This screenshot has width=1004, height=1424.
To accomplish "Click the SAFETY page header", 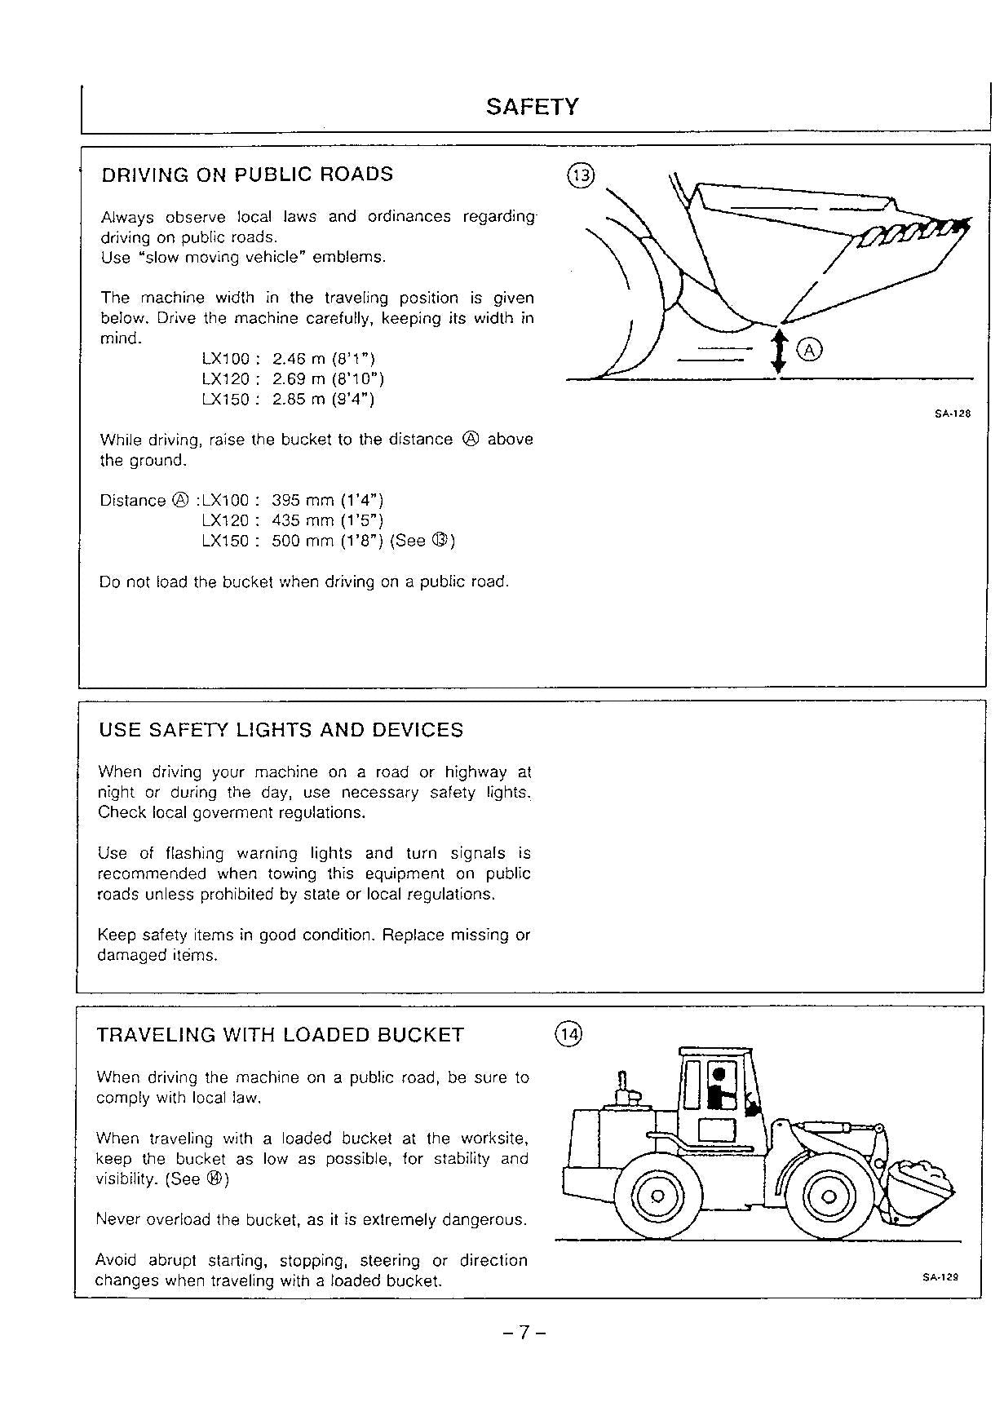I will click(532, 107).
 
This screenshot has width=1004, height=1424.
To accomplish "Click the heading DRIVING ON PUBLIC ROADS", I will click(246, 175).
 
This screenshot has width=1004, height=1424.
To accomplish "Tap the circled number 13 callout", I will click(582, 175).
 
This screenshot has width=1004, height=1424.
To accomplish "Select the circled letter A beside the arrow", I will click(809, 350).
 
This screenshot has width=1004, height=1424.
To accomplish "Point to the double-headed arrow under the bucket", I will click(779, 351).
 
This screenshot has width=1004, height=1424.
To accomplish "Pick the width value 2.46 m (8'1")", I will click(323, 359).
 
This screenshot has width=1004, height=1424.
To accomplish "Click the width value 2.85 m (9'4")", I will click(323, 399).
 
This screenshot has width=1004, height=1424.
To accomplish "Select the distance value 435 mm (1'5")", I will click(327, 520).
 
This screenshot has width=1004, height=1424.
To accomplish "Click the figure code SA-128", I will click(952, 413).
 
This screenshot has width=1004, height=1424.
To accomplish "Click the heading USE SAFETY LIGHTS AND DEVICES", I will click(281, 730).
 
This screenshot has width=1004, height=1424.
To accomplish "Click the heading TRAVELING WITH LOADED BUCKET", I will click(280, 1035).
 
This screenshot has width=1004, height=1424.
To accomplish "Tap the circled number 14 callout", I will click(568, 1035).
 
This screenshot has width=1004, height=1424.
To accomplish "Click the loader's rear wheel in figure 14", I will click(657, 1196).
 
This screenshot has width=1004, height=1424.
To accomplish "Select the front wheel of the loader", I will click(829, 1196).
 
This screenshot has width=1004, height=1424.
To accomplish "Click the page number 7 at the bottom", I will click(524, 1333).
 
